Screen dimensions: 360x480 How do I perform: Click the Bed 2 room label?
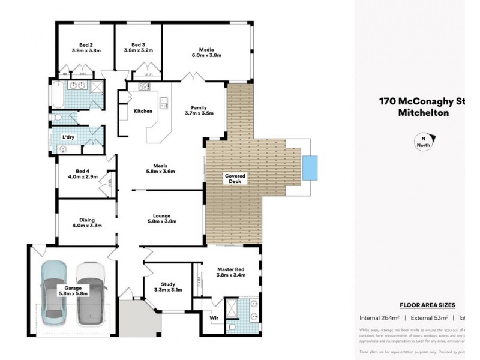86,44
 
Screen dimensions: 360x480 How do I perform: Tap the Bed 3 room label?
139,44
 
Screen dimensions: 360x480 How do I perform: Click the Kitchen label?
143,111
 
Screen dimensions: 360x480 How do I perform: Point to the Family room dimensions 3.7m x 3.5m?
199,113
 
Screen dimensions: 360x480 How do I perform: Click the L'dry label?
69,137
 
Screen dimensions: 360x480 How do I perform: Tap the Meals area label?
160,166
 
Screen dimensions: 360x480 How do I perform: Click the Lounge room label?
161,215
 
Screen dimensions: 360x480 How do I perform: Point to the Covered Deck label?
235,179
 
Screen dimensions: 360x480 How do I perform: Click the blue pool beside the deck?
310,167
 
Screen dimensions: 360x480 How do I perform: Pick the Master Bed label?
230,270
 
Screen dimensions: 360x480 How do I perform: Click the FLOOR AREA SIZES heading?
427,305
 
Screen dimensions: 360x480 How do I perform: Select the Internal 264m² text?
379,318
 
